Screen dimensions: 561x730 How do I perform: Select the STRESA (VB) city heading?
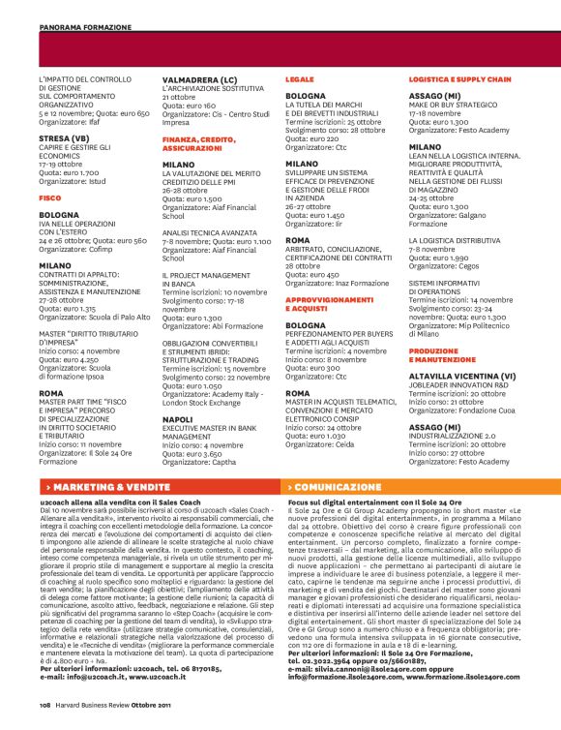61,137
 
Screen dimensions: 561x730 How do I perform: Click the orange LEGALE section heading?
299,77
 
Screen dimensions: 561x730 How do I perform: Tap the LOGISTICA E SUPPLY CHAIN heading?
460,77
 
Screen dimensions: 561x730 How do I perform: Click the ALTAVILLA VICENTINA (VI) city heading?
465,374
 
